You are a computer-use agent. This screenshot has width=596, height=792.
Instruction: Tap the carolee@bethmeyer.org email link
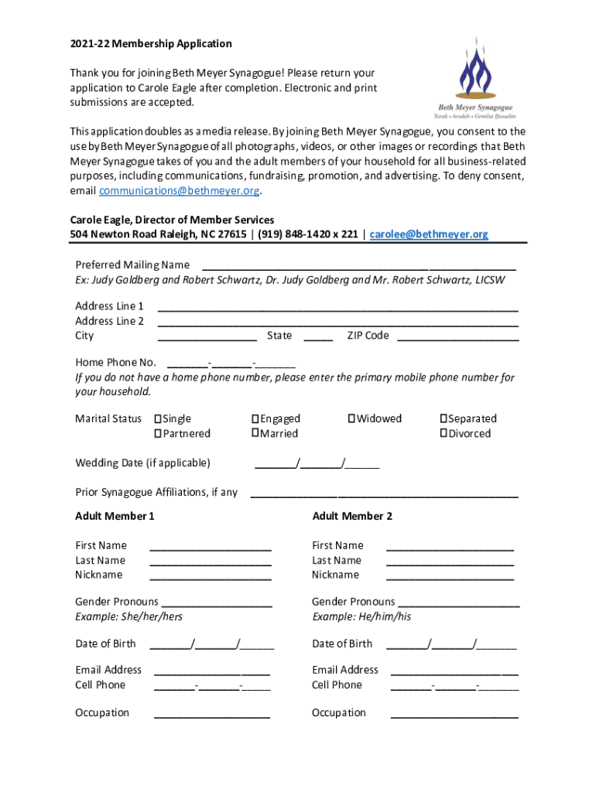tap(430, 234)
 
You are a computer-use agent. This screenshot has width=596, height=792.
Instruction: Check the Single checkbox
tap(158, 419)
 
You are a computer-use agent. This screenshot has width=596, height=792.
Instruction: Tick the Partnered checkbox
tap(158, 434)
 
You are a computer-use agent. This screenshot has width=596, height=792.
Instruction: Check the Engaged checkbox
tap(255, 419)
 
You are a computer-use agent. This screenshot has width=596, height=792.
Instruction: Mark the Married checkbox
tap(255, 434)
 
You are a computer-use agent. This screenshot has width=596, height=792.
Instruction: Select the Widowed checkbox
tap(351, 419)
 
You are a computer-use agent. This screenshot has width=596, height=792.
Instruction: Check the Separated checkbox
tap(444, 419)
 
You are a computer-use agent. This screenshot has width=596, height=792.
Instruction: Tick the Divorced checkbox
tap(444, 434)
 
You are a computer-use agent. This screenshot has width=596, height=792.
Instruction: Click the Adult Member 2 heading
tap(352, 516)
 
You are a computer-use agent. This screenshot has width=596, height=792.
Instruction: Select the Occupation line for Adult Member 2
tap(454, 715)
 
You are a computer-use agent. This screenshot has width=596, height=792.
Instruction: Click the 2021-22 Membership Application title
tap(151, 44)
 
